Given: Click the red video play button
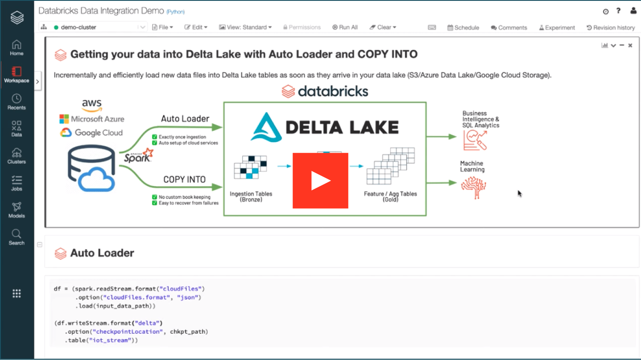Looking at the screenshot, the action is tap(320, 180).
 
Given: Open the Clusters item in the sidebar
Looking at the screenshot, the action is tap(17, 156).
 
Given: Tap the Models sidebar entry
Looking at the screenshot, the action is tap(17, 210).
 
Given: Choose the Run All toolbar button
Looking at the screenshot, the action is tap(345, 27).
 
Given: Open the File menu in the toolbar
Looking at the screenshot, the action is tap(162, 27).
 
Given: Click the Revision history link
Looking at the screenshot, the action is tap(611, 28).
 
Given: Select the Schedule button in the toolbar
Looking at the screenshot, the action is tap(463, 28).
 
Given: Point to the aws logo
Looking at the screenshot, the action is tap(92, 105).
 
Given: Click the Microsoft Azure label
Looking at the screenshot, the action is tap(97, 119).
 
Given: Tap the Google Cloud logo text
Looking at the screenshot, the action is tap(99, 133).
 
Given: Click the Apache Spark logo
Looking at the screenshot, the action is tap(139, 156).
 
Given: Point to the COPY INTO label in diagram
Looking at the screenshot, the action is tap(184, 179).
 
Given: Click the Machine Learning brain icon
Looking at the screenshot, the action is tap(474, 187).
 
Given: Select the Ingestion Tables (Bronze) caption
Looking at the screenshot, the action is tap(251, 197).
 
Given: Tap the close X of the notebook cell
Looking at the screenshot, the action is tap(630, 45).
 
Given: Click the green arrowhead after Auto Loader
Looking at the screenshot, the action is tap(217, 127).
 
